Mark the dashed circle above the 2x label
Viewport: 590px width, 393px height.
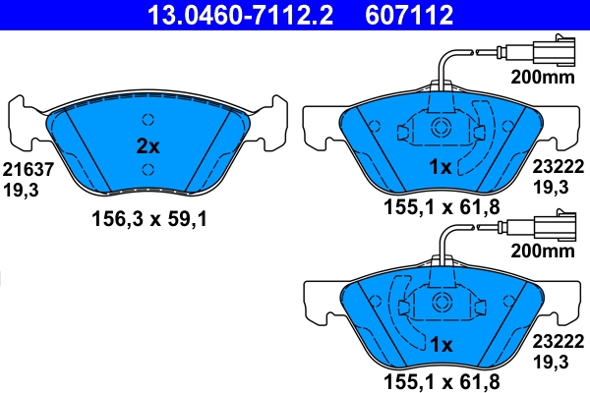(148, 120)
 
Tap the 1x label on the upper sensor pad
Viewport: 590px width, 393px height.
(441, 168)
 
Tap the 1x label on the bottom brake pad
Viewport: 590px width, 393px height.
(441, 346)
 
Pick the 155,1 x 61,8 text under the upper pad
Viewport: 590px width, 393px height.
(441, 207)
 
